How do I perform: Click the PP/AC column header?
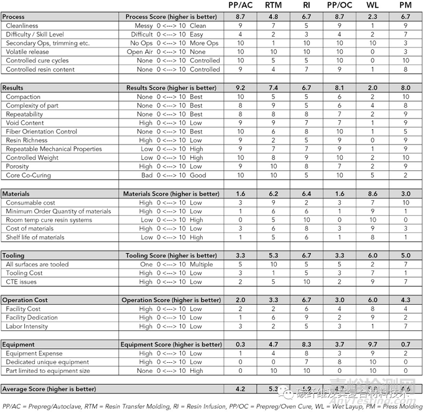(x=240, y=5)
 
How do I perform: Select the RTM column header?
(x=273, y=5)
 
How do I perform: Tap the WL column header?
(x=372, y=5)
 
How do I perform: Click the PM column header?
(x=406, y=5)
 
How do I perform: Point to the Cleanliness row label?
(x=22, y=26)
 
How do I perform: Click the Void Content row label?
(x=25, y=123)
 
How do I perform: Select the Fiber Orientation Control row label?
(x=41, y=132)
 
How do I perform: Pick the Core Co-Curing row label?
(x=27, y=175)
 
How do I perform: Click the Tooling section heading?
(x=13, y=256)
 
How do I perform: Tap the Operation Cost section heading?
(x=25, y=300)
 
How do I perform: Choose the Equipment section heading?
(x=18, y=344)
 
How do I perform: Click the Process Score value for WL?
(x=372, y=17)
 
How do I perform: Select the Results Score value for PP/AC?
(x=240, y=88)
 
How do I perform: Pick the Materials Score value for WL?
(x=372, y=194)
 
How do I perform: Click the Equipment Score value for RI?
(x=306, y=344)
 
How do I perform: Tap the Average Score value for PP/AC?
(x=240, y=389)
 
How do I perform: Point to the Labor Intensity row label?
(x=27, y=326)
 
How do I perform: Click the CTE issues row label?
(x=21, y=282)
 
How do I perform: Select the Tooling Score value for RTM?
(x=273, y=256)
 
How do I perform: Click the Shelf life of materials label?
(x=35, y=237)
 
